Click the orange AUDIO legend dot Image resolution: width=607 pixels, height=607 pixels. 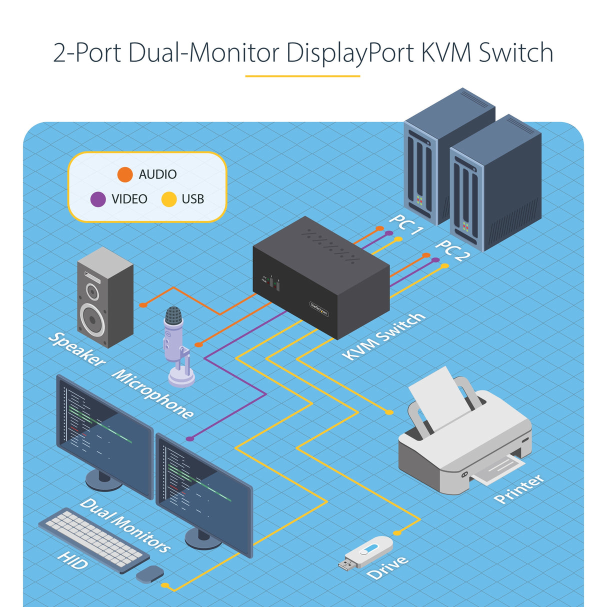(x=125, y=174)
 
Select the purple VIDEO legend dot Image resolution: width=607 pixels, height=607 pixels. (x=98, y=199)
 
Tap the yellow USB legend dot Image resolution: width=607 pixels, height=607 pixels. (x=169, y=199)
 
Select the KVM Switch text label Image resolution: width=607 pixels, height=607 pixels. (x=384, y=336)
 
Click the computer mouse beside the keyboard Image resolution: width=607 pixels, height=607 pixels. (x=150, y=574)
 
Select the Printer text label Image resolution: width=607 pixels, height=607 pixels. (x=518, y=489)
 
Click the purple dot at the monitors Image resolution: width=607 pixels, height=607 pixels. (x=190, y=438)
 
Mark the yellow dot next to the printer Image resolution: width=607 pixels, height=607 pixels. (x=389, y=412)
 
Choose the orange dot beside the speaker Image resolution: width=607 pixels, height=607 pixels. (x=143, y=304)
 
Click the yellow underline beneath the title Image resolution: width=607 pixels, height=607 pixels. (x=302, y=76)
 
